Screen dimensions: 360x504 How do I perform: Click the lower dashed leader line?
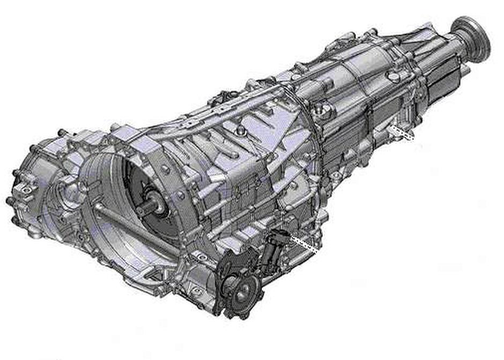pos(304,244)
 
